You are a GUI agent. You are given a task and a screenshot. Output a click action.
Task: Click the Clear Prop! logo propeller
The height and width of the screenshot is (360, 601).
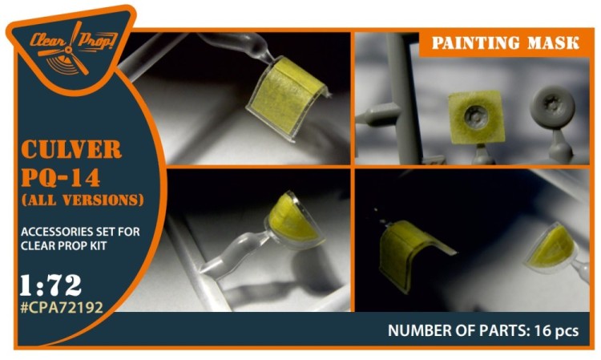click(69, 50)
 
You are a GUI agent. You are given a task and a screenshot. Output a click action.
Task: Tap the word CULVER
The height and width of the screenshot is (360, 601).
click(71, 149)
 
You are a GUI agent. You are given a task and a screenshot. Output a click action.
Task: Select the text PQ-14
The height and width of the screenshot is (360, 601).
click(61, 177)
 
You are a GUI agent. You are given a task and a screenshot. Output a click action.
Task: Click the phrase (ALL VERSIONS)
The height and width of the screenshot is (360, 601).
click(83, 200)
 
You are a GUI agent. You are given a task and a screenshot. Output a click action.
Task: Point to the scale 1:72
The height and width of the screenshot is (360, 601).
click(50, 285)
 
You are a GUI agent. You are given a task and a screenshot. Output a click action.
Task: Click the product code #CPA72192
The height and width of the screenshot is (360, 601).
click(62, 307)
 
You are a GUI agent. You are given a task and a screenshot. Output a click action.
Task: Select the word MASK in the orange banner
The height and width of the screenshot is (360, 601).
click(553, 43)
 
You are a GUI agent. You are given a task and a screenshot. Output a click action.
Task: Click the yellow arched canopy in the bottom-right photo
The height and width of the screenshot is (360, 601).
click(410, 251)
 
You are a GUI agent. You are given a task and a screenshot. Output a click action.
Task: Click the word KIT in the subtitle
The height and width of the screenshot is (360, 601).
click(98, 246)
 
